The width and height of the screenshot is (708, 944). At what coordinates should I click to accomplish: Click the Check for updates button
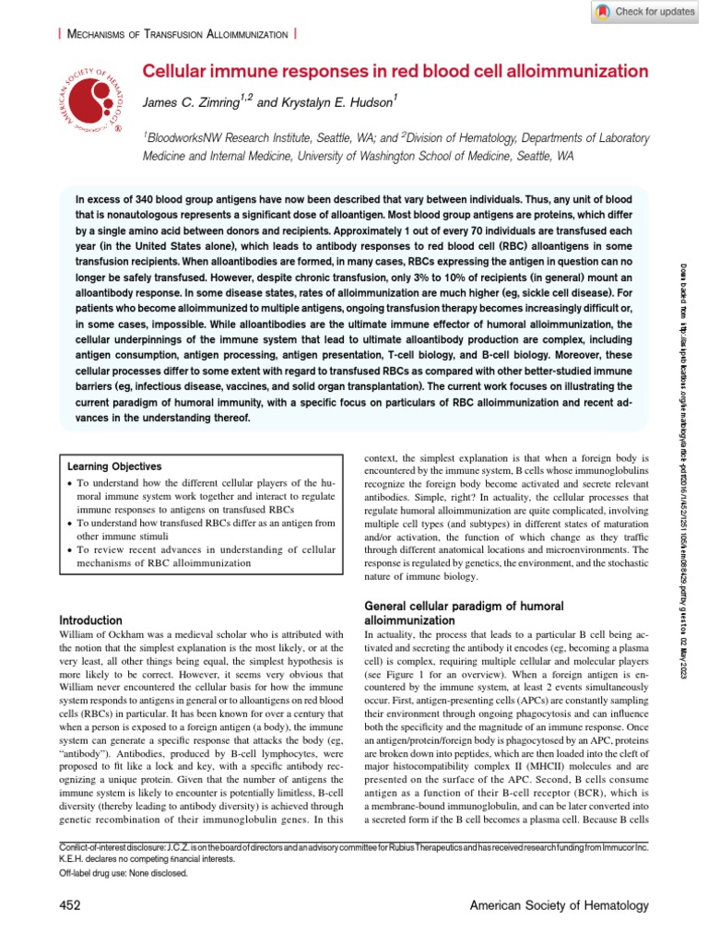[643, 12]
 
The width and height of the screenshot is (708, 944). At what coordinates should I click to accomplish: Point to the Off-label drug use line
[124, 873]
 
